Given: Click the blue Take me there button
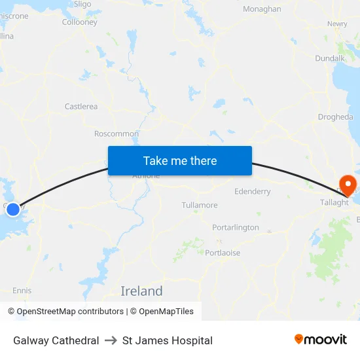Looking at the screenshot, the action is pyautogui.click(x=180, y=160).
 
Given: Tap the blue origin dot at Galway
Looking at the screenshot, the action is pyautogui.click(x=13, y=209).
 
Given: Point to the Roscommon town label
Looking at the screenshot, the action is pyautogui.click(x=117, y=134).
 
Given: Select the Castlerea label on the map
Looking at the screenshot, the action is pyautogui.click(x=81, y=106).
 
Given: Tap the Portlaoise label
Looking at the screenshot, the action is pyautogui.click(x=223, y=253).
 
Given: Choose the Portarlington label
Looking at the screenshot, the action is pyautogui.click(x=236, y=227).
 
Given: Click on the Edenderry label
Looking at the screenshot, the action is pyautogui.click(x=252, y=192).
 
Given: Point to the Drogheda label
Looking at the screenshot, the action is pyautogui.click(x=335, y=117).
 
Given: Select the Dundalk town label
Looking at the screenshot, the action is pyautogui.click(x=330, y=58).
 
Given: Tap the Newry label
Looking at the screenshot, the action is pyautogui.click(x=337, y=24).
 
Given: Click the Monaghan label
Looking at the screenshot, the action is pyautogui.click(x=262, y=9).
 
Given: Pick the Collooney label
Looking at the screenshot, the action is pyautogui.click(x=79, y=22).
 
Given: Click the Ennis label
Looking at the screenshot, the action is pyautogui.click(x=22, y=291).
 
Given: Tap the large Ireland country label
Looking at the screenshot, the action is pyautogui.click(x=141, y=291).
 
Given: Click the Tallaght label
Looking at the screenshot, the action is pyautogui.click(x=334, y=202).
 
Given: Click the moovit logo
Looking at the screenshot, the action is pyautogui.click(x=321, y=340).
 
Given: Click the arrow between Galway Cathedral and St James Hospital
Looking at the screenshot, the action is pyautogui.click(x=111, y=340).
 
